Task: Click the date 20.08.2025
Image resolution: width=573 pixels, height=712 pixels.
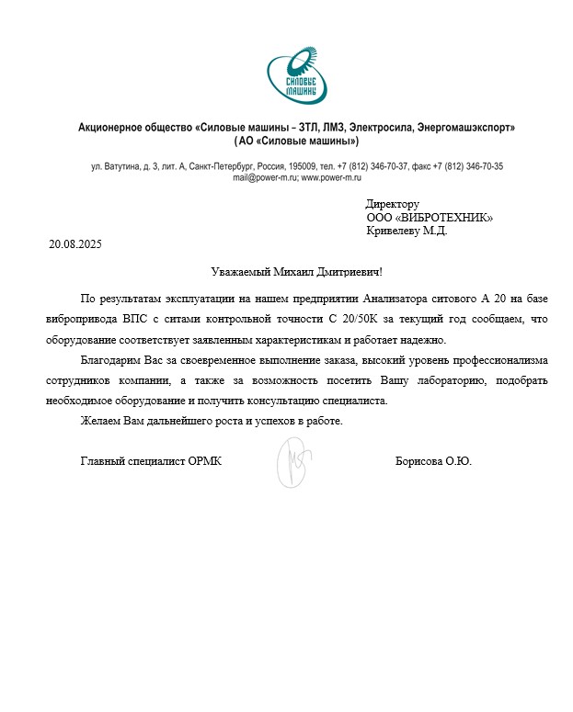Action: click(74, 244)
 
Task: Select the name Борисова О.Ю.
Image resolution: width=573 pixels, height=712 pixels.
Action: click(433, 461)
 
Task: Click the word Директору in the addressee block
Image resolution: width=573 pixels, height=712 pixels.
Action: click(393, 204)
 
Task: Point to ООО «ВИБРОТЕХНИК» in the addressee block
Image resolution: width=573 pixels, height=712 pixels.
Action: click(430, 218)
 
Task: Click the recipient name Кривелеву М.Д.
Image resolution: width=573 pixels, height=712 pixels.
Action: click(407, 231)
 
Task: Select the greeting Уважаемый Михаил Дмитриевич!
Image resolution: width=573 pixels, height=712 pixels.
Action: click(295, 272)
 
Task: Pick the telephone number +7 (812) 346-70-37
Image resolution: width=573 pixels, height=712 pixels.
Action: click(373, 166)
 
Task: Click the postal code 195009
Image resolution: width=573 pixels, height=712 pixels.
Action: click(303, 166)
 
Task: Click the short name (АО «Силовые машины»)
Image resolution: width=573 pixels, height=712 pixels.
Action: click(296, 141)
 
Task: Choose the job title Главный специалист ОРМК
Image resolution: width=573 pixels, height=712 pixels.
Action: click(151, 461)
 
